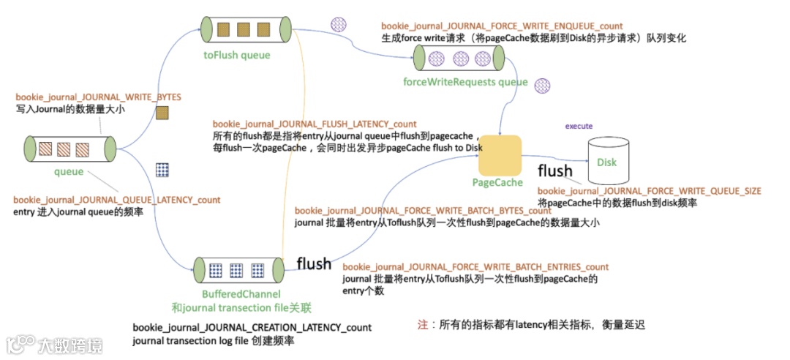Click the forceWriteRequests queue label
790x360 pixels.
[x=466, y=82]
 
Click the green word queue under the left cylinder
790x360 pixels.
[x=69, y=172]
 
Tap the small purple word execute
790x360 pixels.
[x=579, y=126]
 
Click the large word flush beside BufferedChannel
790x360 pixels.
[x=314, y=263]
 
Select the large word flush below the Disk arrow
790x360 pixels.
[x=555, y=171]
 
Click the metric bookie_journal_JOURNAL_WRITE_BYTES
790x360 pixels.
[x=98, y=97]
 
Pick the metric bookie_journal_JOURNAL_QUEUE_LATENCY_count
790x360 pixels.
[x=117, y=200]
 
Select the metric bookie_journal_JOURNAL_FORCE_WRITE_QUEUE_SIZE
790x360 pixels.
[x=649, y=191]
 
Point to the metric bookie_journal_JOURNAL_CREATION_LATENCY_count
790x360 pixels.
[x=252, y=327]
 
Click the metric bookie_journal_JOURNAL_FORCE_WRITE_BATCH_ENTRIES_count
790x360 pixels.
[x=475, y=267]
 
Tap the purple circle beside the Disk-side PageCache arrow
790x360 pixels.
[x=541, y=86]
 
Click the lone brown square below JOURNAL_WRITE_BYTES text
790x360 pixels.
[x=162, y=113]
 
